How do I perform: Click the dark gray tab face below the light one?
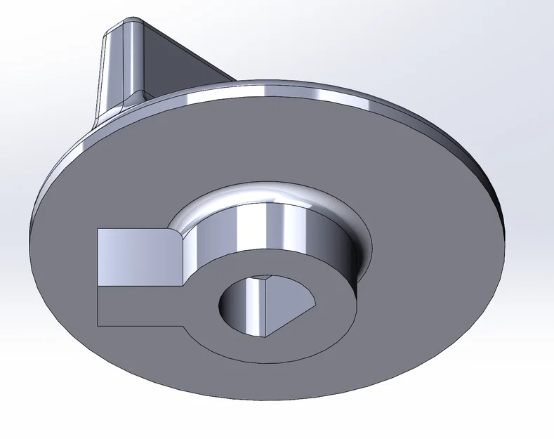(133, 306)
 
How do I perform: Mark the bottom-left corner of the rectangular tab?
(98, 325)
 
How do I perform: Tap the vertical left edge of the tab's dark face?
(98, 306)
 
